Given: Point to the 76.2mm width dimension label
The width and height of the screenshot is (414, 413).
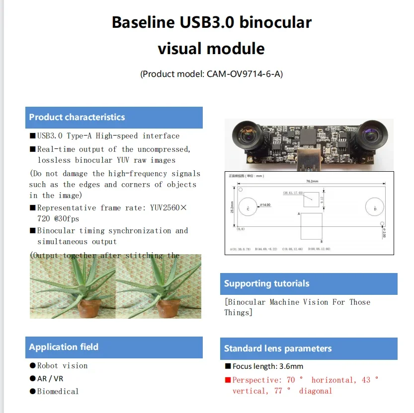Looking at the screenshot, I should [311, 181].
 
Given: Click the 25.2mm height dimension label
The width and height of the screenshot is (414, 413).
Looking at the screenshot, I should [232, 206].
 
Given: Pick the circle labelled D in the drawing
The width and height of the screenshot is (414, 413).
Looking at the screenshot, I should [375, 208].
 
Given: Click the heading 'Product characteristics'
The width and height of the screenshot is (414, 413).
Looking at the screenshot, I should [77, 118].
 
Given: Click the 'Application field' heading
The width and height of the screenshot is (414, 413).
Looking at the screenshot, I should [64, 347].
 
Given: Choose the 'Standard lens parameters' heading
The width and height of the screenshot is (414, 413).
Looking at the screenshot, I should [278, 348].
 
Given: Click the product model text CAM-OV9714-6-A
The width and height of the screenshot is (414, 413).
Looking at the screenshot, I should [245, 74].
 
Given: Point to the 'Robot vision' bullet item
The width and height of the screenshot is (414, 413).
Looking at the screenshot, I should [62, 366].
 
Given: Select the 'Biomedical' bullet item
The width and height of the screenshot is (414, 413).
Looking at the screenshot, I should [58, 391].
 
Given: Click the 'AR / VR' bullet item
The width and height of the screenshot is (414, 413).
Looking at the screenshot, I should [50, 378].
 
